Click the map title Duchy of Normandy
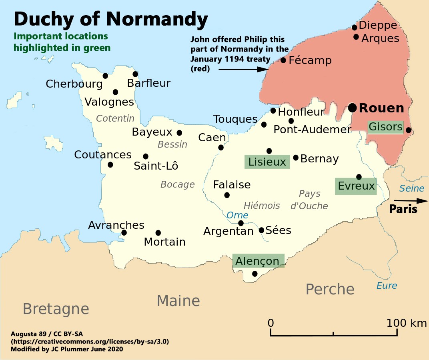coord(111,19)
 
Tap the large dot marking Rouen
coord(352,107)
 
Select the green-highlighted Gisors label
coord(385,127)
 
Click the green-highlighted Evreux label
coord(356,186)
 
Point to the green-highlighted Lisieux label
coord(267,162)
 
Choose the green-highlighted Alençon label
coord(258,261)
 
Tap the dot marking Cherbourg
coord(105,76)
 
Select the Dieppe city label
coord(378,26)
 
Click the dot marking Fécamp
coord(283,60)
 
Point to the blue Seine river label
coord(412,188)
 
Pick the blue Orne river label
coord(237,215)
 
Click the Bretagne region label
coord(56,309)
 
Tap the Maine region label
coord(178,301)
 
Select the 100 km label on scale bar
coord(407,323)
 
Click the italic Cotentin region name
coord(115,118)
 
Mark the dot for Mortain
coord(158,233)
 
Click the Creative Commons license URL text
coord(90,342)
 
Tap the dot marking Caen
coord(221,148)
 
